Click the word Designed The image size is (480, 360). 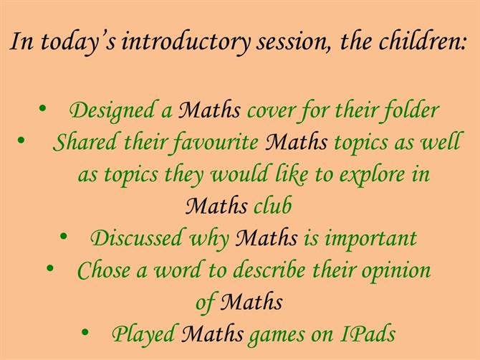112,110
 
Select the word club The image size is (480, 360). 272,205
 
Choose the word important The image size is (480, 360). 370,239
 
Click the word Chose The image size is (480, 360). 103,270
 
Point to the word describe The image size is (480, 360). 269,270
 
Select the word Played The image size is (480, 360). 143,333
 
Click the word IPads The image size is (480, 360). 368,333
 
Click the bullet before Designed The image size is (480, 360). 42,108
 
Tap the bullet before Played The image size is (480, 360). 85,332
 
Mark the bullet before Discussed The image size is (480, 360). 63,236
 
